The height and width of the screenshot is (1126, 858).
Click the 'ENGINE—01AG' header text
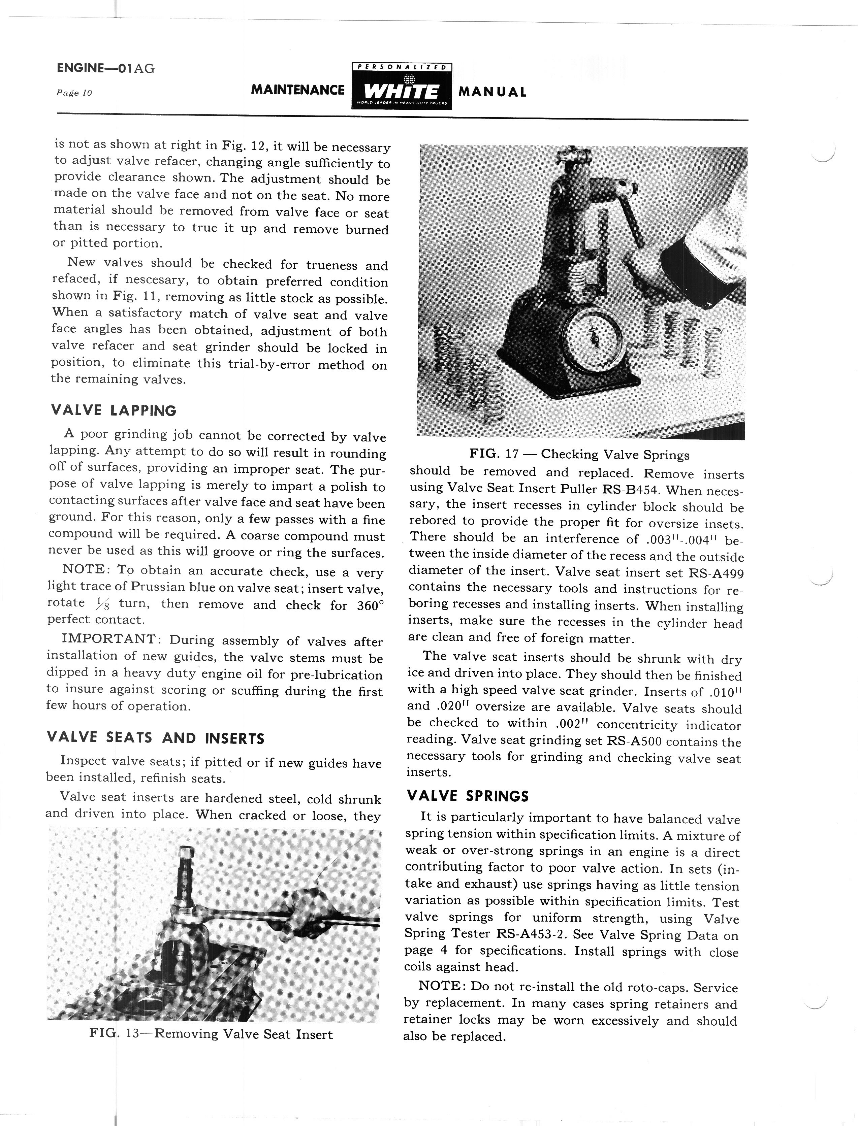point(106,68)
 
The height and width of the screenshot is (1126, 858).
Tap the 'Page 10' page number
point(74,93)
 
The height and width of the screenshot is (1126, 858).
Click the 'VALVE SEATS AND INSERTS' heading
point(155,738)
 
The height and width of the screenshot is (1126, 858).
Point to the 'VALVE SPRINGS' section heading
point(467,796)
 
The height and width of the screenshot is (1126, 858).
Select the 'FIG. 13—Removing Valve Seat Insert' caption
point(211,1034)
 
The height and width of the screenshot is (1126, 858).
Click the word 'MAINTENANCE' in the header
point(298,90)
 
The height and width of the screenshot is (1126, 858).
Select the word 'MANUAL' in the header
point(492,92)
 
